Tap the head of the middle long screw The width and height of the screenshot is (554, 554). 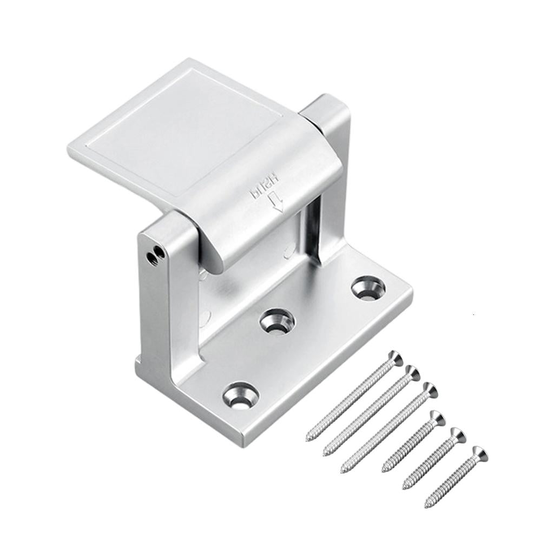click(412, 373)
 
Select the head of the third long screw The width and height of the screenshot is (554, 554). click(429, 389)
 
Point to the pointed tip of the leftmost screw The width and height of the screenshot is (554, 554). click(308, 439)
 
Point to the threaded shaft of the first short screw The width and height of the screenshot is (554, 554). click(408, 444)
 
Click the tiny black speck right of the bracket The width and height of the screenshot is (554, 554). click(472, 313)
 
